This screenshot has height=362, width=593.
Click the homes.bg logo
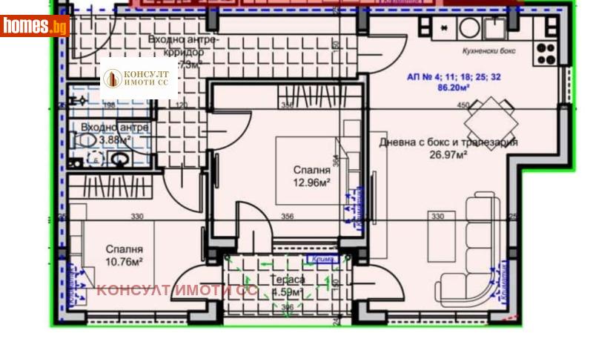coord(35,25)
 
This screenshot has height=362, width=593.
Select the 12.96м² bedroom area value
coord(311,182)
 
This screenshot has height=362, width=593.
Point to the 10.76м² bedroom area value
coord(124,261)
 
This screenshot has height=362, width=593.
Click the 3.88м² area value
coord(116,139)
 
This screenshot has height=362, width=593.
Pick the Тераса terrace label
coord(288,280)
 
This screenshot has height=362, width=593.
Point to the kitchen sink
coord(494,29)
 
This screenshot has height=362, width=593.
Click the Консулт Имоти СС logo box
coord(139,78)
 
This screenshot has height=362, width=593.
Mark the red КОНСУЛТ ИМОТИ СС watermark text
coord(176,290)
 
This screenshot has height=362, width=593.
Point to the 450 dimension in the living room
coord(464,106)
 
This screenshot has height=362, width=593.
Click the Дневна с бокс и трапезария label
coord(448,142)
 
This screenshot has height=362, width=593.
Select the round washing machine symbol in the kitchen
coord(469,28)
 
